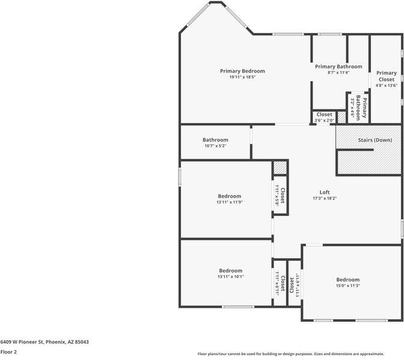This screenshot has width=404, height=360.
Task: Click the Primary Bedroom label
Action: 242,71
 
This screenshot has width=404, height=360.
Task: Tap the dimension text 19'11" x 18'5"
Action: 242,78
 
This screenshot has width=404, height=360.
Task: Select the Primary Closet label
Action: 386,76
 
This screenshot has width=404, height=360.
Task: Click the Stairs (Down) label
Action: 375,140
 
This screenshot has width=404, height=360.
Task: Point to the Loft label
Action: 324,192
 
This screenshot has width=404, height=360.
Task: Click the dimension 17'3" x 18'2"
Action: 324,198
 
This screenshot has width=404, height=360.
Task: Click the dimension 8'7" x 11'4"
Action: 338,73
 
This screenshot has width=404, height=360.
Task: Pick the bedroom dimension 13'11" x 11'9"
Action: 229,203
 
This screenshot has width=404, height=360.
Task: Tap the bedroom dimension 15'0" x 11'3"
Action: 347,286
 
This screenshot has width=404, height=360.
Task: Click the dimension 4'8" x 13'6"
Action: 386,85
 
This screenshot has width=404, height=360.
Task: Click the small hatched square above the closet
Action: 280,168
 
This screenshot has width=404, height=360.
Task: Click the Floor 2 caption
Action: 8,352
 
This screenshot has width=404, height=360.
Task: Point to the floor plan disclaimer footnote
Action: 299,353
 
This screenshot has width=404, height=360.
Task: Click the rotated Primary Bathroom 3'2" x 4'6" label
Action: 358,107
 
